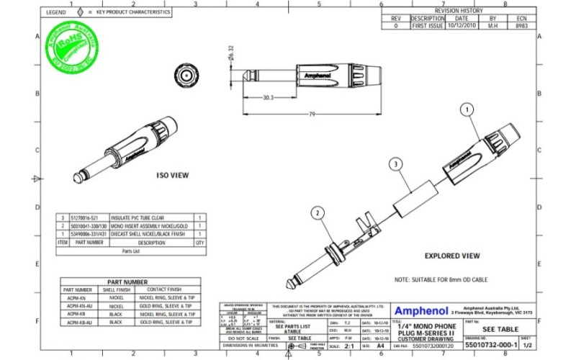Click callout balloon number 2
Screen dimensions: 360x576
(318, 212)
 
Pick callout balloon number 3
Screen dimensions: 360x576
(395, 164)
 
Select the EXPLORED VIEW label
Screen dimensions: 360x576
(451, 256)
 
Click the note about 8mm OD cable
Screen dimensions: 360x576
(440, 279)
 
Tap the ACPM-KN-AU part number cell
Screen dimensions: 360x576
(76, 305)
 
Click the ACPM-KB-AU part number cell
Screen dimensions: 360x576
(76, 323)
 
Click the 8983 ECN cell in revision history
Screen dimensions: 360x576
(523, 25)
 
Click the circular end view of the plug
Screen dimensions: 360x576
(186, 75)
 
